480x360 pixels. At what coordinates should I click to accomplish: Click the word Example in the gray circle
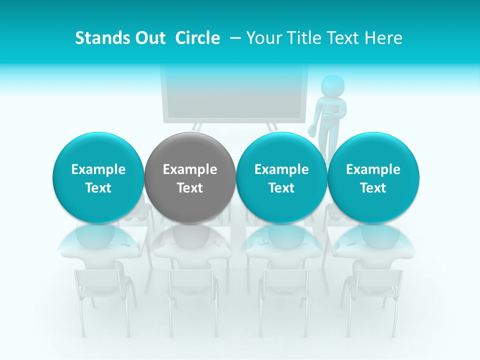190,169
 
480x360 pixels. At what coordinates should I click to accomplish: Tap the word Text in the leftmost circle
98,188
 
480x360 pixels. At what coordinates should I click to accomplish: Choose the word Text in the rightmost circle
373,188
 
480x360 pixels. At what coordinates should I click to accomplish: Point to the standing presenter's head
331,86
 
